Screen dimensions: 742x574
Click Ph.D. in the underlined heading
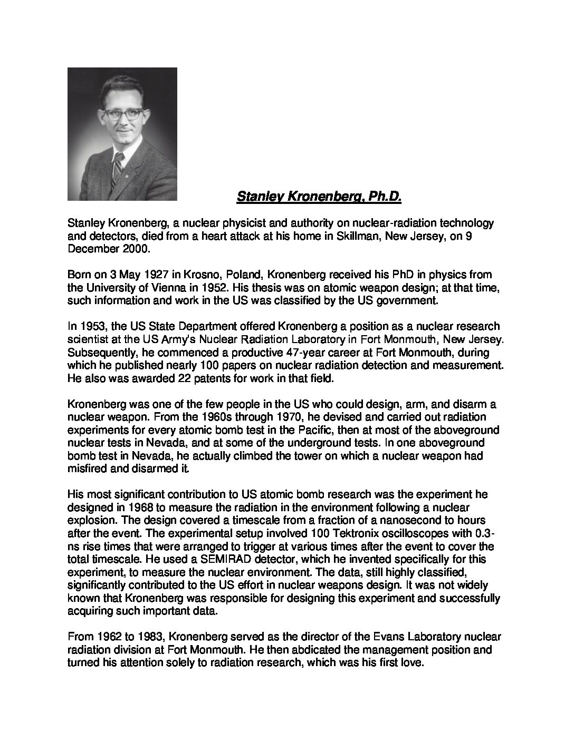coord(386,197)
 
